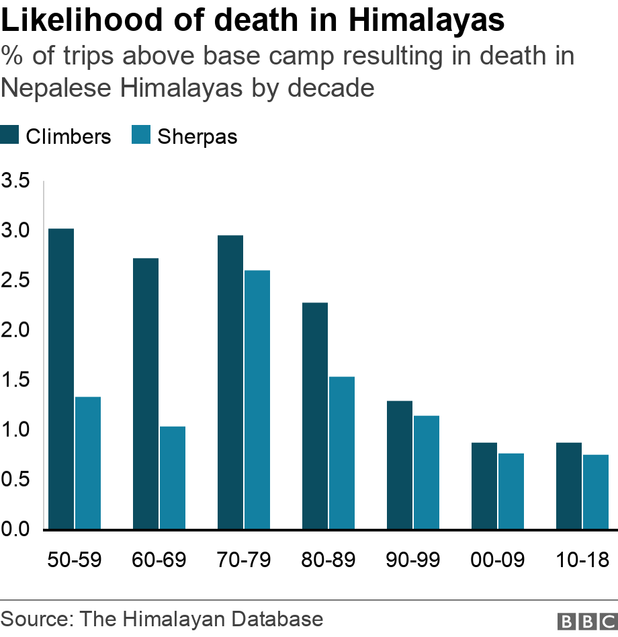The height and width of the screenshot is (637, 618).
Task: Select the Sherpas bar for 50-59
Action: pyautogui.click(x=88, y=463)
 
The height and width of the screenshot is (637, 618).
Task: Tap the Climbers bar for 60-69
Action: pyautogui.click(x=146, y=394)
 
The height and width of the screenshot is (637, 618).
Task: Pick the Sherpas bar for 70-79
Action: pyautogui.click(x=257, y=400)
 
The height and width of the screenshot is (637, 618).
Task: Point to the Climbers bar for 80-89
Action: pyautogui.click(x=315, y=416)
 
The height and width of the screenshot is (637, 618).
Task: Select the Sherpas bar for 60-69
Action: pyautogui.click(x=173, y=478)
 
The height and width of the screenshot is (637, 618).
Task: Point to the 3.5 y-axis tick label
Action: pyautogui.click(x=15, y=181)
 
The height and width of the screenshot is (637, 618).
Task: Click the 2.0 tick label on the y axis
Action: pyautogui.click(x=15, y=330)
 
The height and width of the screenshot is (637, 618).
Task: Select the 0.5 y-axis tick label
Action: pyautogui.click(x=15, y=479)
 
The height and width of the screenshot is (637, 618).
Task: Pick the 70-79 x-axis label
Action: pyautogui.click(x=244, y=560)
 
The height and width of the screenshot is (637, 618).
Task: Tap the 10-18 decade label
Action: pyautogui.click(x=582, y=560)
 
